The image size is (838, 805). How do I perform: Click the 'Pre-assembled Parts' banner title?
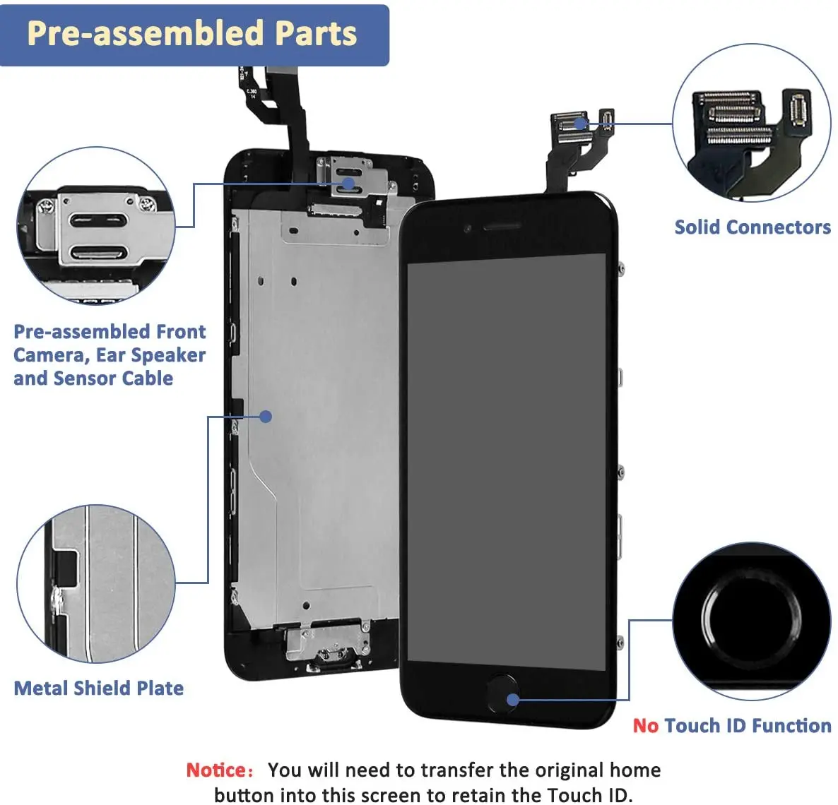[x=191, y=33]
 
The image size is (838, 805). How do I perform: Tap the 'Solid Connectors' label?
[x=752, y=227]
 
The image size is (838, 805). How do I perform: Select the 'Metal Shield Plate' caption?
[x=99, y=688]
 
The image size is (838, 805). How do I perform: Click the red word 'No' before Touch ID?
[x=645, y=726]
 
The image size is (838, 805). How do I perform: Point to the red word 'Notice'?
[x=216, y=770]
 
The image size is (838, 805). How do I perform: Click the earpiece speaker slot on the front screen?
[x=502, y=227]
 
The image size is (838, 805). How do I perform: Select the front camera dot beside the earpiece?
[x=467, y=229]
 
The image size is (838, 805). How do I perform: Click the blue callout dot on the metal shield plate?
[x=266, y=417]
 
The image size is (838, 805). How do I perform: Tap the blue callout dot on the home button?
[x=514, y=700]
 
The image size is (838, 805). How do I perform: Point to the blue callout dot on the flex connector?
[x=581, y=124]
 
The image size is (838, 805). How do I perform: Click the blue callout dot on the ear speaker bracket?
[x=348, y=184]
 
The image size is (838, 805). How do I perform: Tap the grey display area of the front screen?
[x=506, y=459]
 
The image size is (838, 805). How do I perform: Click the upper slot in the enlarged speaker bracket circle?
[x=98, y=220]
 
